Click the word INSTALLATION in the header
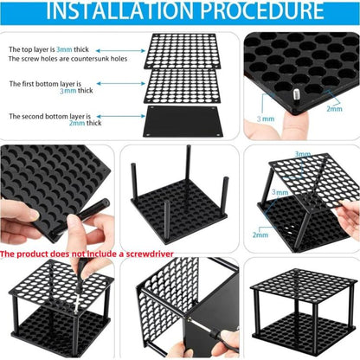(x=120, y=10)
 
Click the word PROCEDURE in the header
(x=262, y=10)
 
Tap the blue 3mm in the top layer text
(x=64, y=49)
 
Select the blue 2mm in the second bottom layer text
(x=77, y=123)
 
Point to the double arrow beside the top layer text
(x=120, y=51)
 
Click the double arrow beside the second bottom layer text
(x=120, y=116)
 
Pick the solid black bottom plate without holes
(x=183, y=121)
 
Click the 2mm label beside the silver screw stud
(x=334, y=109)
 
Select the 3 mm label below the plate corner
(x=266, y=119)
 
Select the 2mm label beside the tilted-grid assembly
(x=260, y=235)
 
